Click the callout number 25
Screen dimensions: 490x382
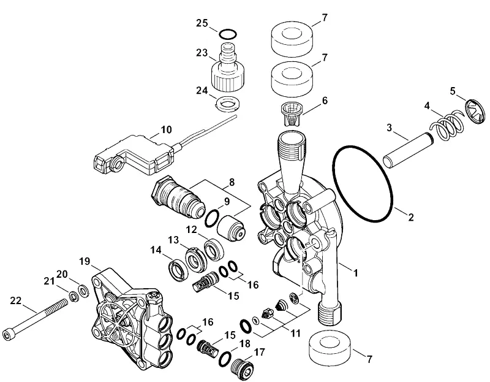[202, 23]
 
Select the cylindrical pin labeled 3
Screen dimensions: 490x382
[408, 150]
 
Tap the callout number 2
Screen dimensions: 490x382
[410, 216]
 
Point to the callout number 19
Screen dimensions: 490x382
[85, 261]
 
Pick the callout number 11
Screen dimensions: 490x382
[295, 333]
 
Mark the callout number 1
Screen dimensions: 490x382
[356, 273]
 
